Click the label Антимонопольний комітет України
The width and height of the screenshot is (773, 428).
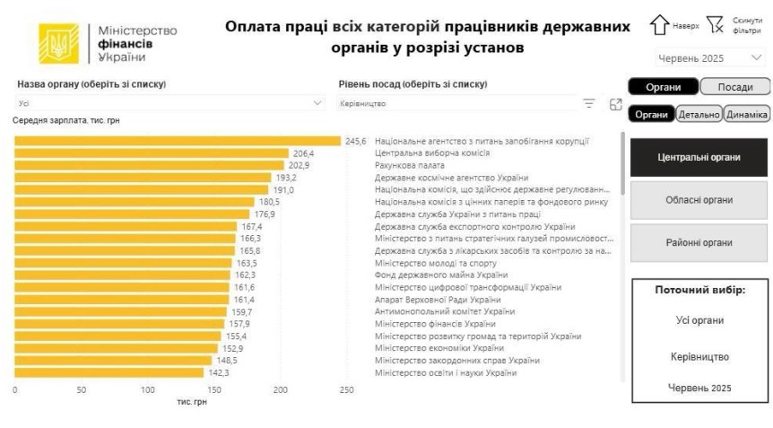(x=444, y=311)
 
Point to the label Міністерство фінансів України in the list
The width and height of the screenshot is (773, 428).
(x=436, y=324)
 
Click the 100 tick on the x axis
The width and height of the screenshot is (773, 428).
(x=147, y=390)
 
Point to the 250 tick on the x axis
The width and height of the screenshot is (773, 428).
(x=346, y=390)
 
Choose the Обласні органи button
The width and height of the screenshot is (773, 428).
(x=699, y=200)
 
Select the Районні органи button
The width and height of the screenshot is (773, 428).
(x=699, y=243)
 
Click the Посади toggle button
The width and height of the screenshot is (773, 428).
(x=734, y=87)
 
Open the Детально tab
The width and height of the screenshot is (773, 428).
(x=699, y=114)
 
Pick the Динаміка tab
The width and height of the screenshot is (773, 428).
(x=746, y=114)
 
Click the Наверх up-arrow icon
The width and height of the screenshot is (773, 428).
(x=660, y=24)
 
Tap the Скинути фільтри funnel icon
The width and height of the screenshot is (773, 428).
(x=715, y=24)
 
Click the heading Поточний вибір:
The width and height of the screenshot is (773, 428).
(x=699, y=290)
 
